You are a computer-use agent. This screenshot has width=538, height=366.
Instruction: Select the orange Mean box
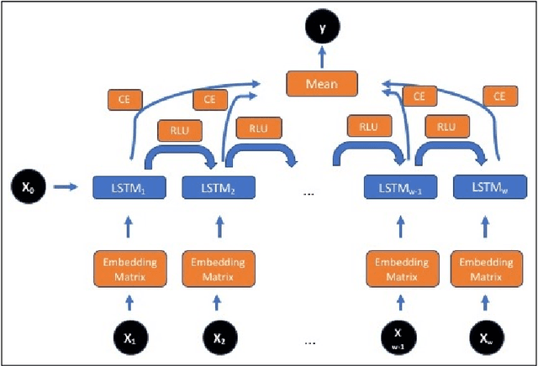coord(322,83)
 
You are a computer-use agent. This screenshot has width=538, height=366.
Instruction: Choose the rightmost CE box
coord(499,97)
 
